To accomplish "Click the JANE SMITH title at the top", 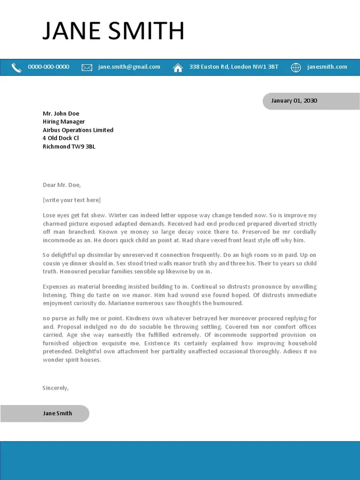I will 113,31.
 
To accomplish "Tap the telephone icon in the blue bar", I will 16,67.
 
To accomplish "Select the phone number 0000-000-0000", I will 48,67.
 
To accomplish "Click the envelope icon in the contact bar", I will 87,67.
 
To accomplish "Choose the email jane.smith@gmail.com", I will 129,67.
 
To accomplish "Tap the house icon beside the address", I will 178,67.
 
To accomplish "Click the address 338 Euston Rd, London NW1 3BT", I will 233,67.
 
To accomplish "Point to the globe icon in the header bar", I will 296,67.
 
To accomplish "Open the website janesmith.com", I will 327,67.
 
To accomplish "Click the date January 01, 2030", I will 294,101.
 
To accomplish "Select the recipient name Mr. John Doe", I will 61,113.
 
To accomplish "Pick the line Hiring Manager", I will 64,122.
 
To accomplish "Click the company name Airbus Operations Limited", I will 78,130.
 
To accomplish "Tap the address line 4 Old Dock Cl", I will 60,138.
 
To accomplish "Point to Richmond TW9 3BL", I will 69,146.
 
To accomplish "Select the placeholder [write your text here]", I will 72,200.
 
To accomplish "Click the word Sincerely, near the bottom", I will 56,388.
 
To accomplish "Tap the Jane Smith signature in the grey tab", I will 58,413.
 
